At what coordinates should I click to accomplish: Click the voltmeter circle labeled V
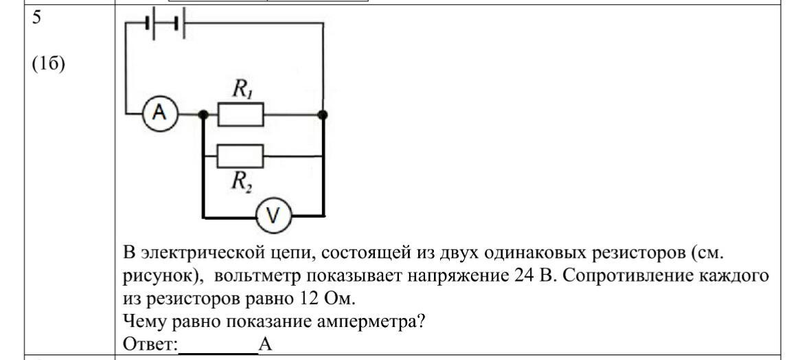[273, 216]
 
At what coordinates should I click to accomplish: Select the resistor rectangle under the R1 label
[240, 114]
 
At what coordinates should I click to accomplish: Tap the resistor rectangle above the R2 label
[240, 156]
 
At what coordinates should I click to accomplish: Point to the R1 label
[242, 89]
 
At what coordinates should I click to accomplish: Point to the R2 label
[242, 181]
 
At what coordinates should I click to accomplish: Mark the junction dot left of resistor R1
[203, 115]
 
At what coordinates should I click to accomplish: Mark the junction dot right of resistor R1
[323, 115]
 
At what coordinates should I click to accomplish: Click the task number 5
[38, 18]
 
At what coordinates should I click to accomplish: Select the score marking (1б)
[49, 65]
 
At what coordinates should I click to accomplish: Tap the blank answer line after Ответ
[218, 351]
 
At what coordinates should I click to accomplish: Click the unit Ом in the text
[337, 298]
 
